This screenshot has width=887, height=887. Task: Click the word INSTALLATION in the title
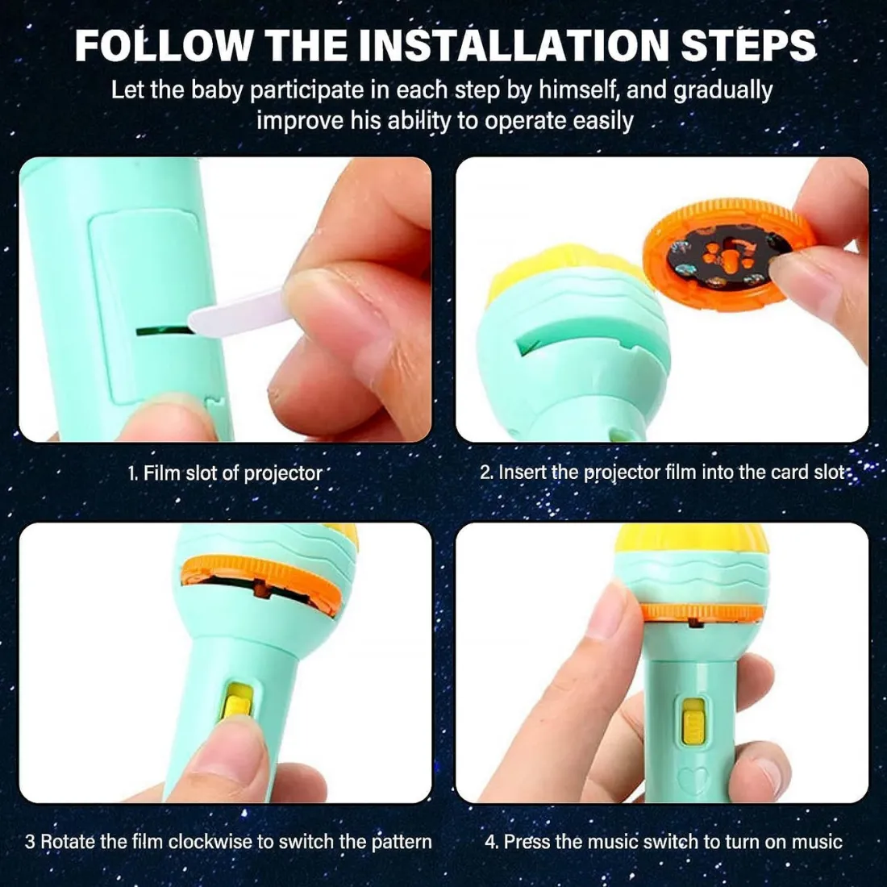tap(514, 44)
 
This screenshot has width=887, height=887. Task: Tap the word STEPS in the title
tap(748, 44)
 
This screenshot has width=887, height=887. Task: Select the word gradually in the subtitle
tap(723, 91)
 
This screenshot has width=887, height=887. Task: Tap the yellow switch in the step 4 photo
tap(693, 721)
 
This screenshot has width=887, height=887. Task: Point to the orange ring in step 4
tap(702, 613)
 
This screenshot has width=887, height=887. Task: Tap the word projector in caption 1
tap(283, 473)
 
